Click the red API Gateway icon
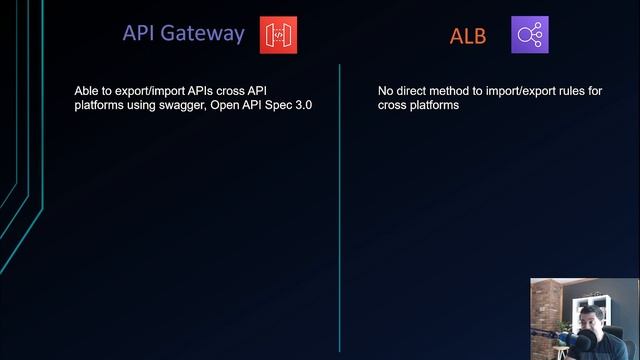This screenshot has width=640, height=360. tap(278, 34)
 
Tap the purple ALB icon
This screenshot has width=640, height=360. tap(529, 35)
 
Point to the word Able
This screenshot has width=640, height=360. tap(86, 91)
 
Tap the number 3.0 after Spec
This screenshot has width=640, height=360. tap(303, 105)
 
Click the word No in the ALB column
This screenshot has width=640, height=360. tap(386, 91)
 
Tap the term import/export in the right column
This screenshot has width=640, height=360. tap(529, 91)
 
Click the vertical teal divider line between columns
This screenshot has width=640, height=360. tap(340, 200)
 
